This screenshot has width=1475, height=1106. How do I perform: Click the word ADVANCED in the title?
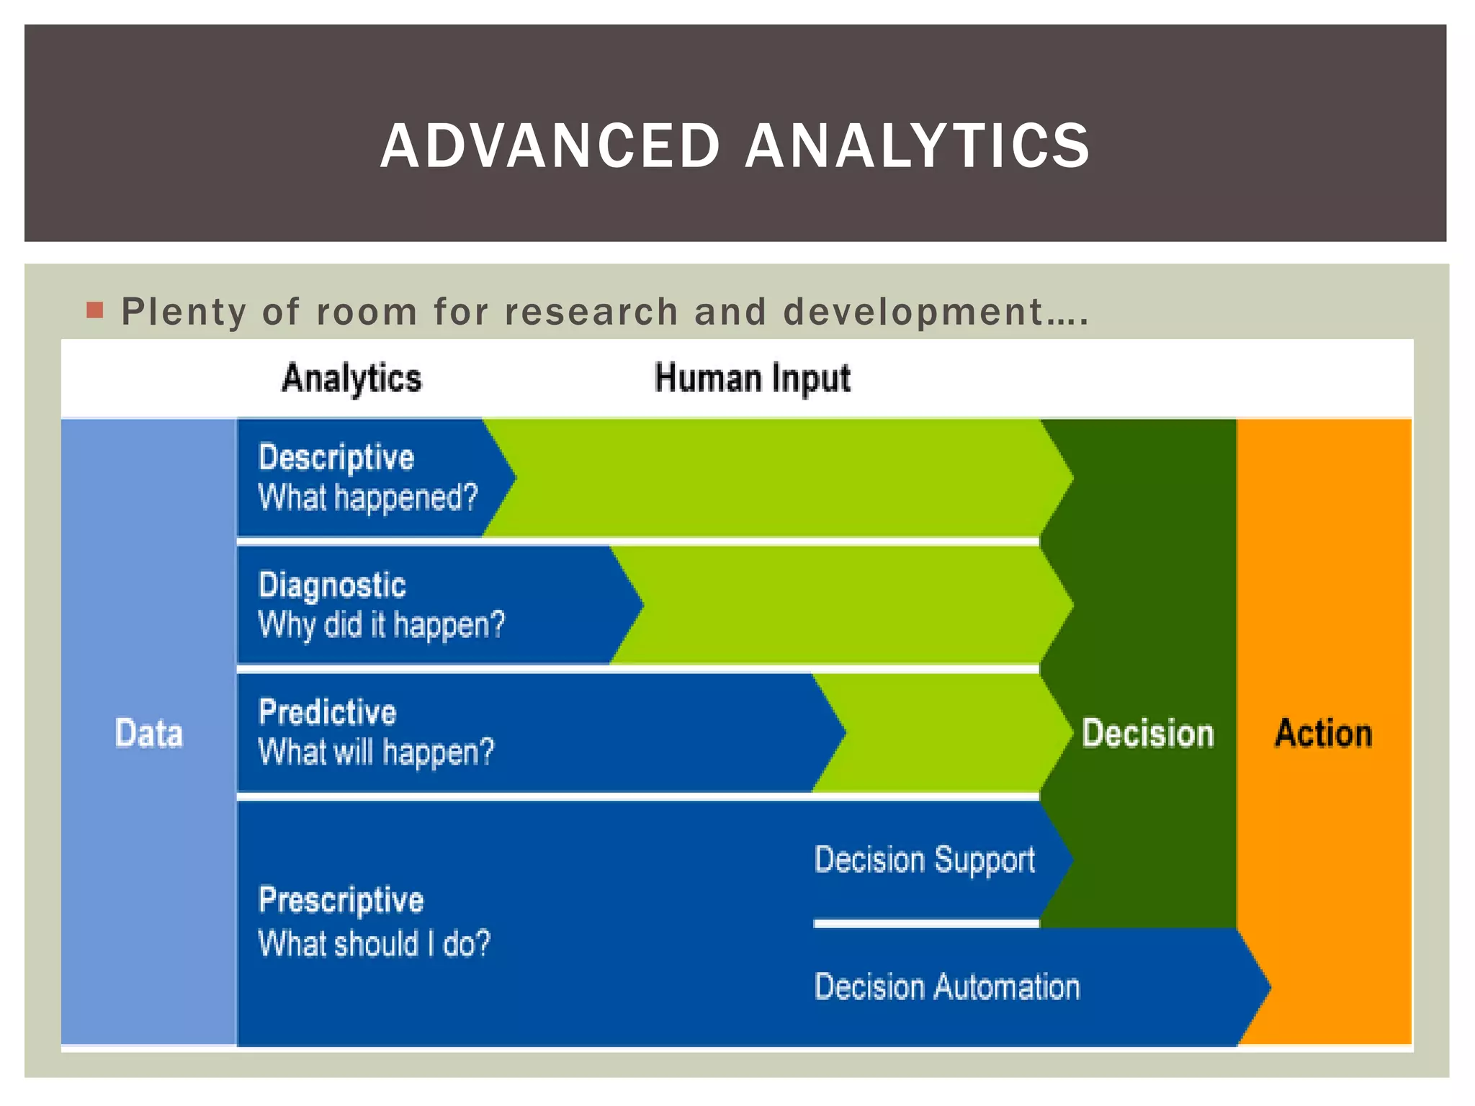550,146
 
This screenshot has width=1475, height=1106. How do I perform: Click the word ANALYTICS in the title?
918,146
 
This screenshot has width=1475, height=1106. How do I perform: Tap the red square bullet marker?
95,310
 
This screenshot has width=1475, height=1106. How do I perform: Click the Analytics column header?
351,378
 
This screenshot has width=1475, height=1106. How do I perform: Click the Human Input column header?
752,378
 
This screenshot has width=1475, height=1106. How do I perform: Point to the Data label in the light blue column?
148,733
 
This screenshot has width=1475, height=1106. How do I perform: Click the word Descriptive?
336,458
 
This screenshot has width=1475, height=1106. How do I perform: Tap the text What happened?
367,498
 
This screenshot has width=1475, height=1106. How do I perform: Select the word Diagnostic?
332,585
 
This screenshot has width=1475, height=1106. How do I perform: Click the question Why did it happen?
381,624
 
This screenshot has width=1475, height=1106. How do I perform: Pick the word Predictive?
327,712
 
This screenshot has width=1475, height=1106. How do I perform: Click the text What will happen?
376,752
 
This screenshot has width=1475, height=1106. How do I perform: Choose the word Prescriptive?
341,900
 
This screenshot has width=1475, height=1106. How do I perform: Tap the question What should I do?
374,943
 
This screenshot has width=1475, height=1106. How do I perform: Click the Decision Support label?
924,860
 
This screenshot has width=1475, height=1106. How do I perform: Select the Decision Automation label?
946,986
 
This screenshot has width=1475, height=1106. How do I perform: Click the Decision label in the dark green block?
1147,733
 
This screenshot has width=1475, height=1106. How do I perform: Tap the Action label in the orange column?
1323,733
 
